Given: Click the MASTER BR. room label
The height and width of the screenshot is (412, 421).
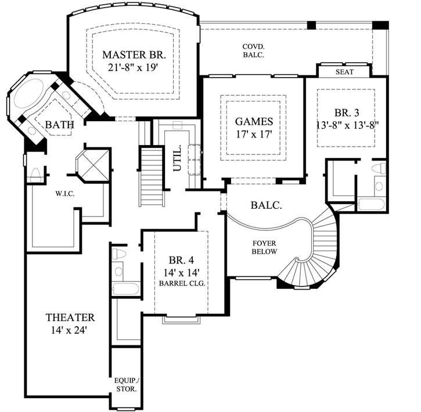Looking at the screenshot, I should (x=134, y=55).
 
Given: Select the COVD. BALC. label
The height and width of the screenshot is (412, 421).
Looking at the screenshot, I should (x=253, y=50).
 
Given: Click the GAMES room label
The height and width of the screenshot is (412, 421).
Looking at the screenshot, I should (x=254, y=122).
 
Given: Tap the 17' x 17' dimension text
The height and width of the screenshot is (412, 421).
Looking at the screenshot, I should (x=254, y=135).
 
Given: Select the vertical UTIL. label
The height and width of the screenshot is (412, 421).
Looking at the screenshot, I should (x=178, y=158).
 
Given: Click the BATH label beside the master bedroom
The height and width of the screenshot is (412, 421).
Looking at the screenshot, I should (x=59, y=124).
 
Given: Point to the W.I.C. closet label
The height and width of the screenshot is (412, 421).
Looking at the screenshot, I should (x=64, y=193).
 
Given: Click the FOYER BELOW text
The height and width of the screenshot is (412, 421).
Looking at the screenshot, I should (x=264, y=247).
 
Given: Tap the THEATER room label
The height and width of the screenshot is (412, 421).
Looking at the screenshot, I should (x=70, y=317).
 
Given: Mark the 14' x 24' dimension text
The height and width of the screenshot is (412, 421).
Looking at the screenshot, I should (x=70, y=330).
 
